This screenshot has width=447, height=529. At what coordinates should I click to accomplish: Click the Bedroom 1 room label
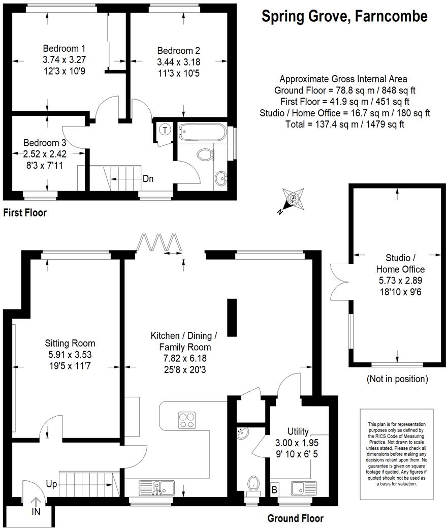point(64,48)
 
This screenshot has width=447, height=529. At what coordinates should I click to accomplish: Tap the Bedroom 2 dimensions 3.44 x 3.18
point(178,62)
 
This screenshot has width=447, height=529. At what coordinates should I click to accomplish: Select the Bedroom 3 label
point(45,143)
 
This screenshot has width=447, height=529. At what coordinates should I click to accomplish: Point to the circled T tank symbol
point(165,130)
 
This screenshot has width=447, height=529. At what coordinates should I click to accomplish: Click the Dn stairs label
point(148,178)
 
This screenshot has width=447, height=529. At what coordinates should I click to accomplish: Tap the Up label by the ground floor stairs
point(51,484)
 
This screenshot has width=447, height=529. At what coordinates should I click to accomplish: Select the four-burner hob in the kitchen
point(187,420)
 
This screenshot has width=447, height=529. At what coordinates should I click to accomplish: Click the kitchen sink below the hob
point(157,488)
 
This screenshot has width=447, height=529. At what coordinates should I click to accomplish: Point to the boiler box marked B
point(275,489)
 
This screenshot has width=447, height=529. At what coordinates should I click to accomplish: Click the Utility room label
point(298,431)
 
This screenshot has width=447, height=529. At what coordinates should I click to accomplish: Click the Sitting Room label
point(70,344)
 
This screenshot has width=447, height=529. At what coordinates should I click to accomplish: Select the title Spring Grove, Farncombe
point(344,16)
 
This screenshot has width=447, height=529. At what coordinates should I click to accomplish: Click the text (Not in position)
point(397,379)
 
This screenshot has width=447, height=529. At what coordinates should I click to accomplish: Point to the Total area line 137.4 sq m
point(344,124)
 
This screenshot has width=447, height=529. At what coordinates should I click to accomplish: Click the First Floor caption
point(24,212)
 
